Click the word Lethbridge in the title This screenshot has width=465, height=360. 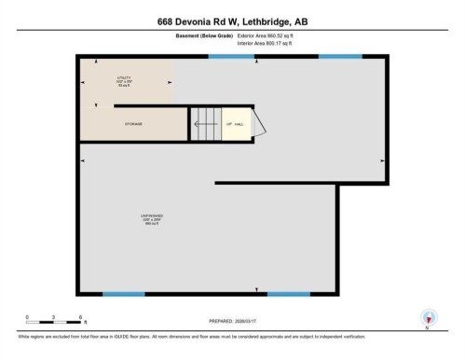pyautogui.click(x=272, y=19)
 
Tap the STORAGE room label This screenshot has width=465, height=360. pyautogui.click(x=133, y=122)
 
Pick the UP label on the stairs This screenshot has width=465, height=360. pyautogui.click(x=227, y=123)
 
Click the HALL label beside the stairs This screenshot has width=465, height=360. pyautogui.click(x=240, y=123)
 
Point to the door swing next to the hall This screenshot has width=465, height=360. pyautogui.click(x=261, y=124)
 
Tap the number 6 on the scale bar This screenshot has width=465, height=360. pyautogui.click(x=82, y=316)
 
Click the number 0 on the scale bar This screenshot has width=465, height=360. pyautogui.click(x=27, y=316)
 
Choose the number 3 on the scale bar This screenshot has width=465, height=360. pyautogui.click(x=55, y=316)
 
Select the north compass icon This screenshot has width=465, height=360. pyautogui.click(x=427, y=318)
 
